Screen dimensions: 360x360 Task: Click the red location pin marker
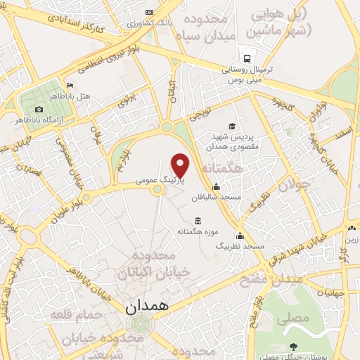[181, 166]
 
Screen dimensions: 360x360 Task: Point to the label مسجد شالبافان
[219, 198]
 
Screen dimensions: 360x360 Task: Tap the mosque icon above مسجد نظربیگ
[240, 236]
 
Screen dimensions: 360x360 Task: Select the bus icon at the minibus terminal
[247, 58]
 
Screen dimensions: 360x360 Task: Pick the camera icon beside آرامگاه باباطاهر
[39, 110]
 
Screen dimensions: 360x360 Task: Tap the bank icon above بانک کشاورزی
[148, 13]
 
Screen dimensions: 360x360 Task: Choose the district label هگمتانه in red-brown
[221, 169]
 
